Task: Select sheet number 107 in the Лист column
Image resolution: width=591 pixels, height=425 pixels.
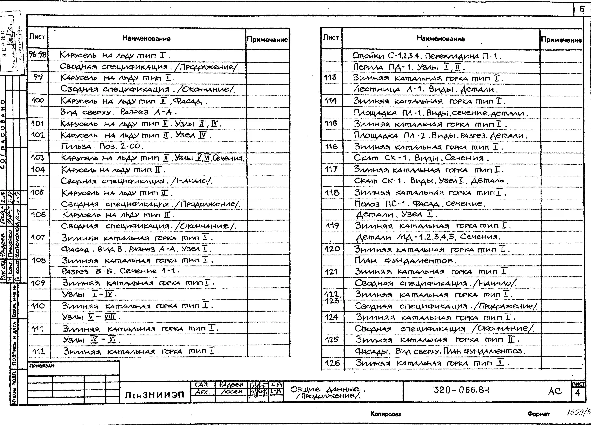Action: coord(38,237)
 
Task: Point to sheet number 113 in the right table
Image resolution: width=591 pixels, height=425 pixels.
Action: coord(330,77)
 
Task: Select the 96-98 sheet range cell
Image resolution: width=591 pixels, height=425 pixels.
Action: coord(37,55)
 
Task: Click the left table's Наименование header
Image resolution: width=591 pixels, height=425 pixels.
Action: coord(146,39)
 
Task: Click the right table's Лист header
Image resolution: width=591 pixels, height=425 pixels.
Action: coord(331,38)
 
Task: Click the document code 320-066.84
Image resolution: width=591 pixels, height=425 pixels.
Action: coord(461,390)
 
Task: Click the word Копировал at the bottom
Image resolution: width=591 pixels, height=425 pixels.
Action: coord(386,414)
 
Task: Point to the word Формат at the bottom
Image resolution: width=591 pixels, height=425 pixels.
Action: coord(538,414)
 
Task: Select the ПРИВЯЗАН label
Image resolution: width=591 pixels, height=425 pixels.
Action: coord(42,366)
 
